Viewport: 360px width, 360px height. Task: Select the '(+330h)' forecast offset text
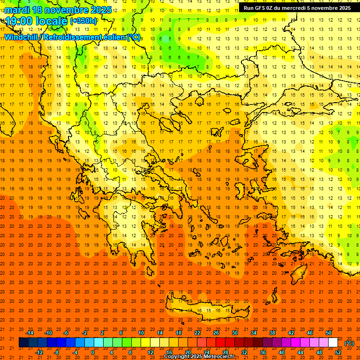click(83, 21)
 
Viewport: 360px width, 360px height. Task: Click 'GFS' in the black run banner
click(261, 8)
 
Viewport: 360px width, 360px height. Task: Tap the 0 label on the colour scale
click(93, 352)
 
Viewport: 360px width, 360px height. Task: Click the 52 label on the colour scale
click(338, 352)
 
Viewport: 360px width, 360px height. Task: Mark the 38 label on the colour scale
click(272, 333)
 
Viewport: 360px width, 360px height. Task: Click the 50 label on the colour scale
click(329, 333)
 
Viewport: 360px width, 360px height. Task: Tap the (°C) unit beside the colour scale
click(349, 343)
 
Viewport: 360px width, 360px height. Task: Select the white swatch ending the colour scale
click(333, 343)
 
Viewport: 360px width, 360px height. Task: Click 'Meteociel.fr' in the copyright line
click(217, 357)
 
